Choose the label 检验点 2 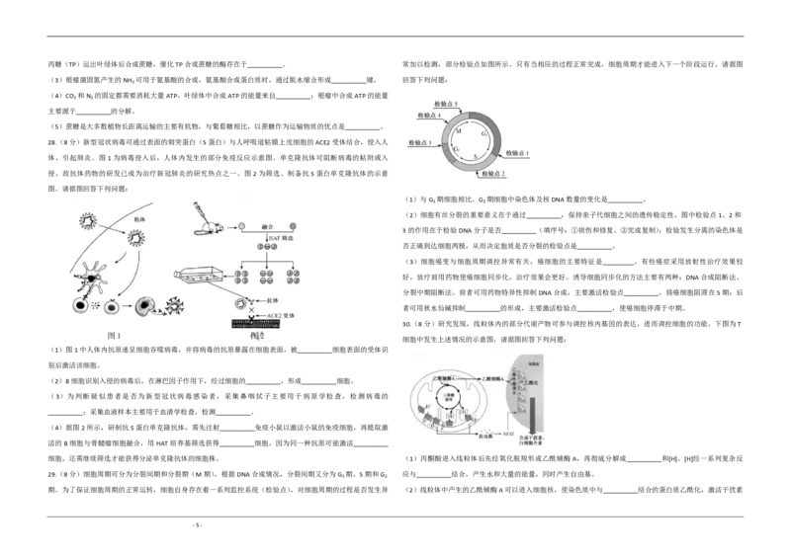[x=491, y=174]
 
